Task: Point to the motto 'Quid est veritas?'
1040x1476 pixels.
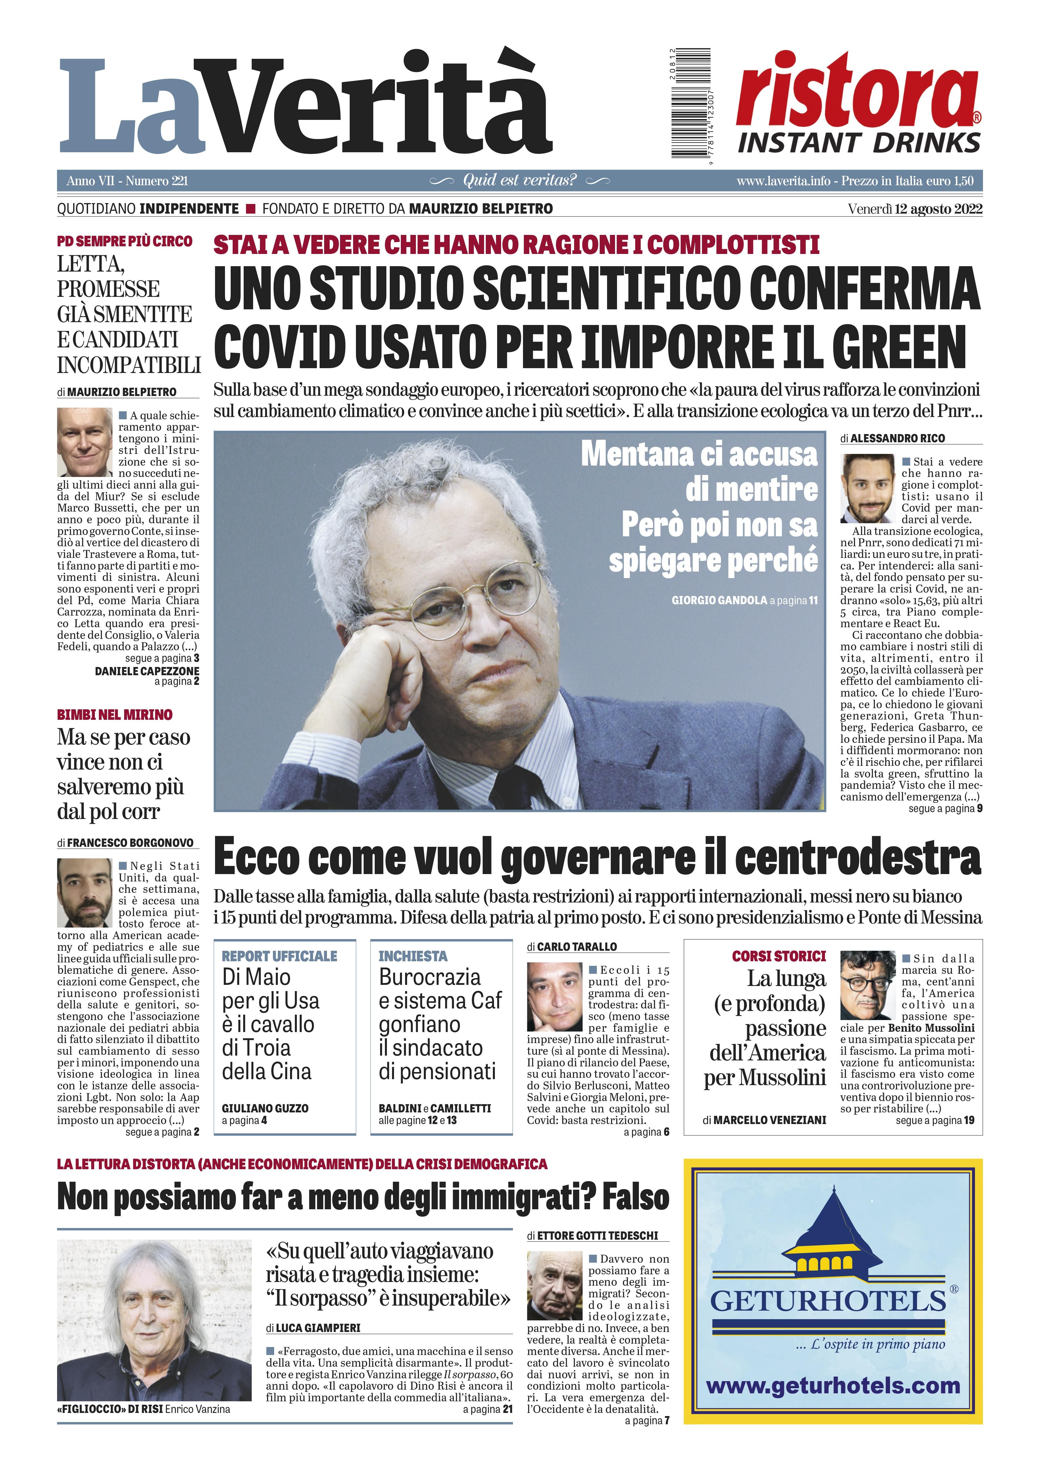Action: pos(519,181)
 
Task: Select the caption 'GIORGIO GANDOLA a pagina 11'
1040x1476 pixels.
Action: pos(744,601)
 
